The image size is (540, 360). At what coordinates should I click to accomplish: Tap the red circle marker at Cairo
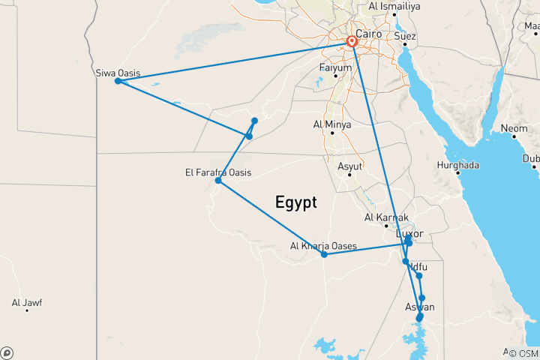[x=352, y=41]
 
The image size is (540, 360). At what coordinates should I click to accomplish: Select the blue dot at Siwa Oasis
[x=118, y=81]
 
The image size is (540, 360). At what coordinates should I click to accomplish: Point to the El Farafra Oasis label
[x=218, y=172]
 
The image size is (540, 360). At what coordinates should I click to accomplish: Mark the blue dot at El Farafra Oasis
[x=218, y=181]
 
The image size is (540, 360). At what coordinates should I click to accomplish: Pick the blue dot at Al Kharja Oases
[x=324, y=254]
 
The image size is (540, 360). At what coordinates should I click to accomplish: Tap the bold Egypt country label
[x=295, y=202]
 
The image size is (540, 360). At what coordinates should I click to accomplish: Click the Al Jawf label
[x=27, y=303]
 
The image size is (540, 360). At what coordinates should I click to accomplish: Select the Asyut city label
[x=350, y=166]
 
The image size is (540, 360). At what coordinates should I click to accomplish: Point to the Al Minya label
[x=332, y=124]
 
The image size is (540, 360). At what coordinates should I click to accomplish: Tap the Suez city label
[x=405, y=35]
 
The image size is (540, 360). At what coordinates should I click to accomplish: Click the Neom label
[x=514, y=129]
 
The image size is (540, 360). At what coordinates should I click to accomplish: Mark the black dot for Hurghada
[x=457, y=173]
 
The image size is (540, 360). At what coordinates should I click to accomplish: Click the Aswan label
[x=419, y=307]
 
